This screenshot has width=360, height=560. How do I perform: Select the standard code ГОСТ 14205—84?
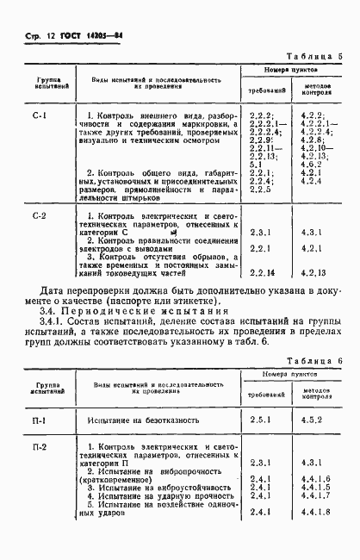coord(78,37)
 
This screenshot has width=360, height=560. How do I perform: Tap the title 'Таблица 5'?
coord(316,57)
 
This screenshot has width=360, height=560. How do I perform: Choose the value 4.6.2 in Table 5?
coord(310,164)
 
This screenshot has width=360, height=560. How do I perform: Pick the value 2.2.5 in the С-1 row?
coord(260,189)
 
